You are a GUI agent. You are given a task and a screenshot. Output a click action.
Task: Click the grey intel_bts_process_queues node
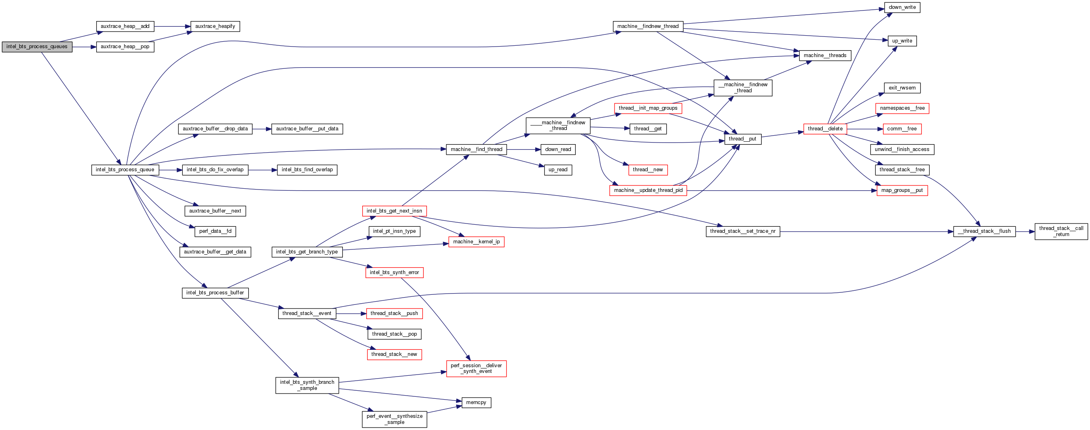pyautogui.click(x=37, y=47)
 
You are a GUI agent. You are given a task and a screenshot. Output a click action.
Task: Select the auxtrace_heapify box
pyautogui.click(x=215, y=26)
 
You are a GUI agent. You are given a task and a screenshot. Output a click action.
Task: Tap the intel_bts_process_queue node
pyautogui.click(x=125, y=170)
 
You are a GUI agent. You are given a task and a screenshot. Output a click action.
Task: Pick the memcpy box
pyautogui.click(x=476, y=402)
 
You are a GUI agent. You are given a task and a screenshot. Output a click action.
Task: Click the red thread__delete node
pyautogui.click(x=825, y=129)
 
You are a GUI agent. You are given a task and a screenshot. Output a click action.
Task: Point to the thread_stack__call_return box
pyautogui.click(x=1061, y=231)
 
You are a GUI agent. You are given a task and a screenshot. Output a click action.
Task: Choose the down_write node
pyautogui.click(x=902, y=7)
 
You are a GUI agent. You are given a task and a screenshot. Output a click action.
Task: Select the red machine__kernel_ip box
pyautogui.click(x=476, y=242)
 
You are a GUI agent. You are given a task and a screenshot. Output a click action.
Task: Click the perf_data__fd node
pyautogui.click(x=215, y=231)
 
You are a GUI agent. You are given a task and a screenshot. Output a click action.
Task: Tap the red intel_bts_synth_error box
pyautogui.click(x=394, y=272)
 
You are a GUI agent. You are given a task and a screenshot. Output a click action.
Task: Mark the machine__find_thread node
pyautogui.click(x=476, y=149)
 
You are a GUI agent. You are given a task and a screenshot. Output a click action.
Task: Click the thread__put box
pyautogui.click(x=742, y=139)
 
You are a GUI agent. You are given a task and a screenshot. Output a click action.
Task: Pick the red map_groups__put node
pyautogui.click(x=902, y=191)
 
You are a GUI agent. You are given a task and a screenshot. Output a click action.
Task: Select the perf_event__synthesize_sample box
pyautogui.click(x=394, y=419)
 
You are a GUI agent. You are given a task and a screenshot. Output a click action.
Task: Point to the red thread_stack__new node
pyautogui.click(x=394, y=354)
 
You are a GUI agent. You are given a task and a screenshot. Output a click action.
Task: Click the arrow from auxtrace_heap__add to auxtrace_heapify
pyautogui.click(x=172, y=26)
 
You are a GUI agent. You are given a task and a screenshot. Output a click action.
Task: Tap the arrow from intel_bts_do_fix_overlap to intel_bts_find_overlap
pyautogui.click(x=262, y=170)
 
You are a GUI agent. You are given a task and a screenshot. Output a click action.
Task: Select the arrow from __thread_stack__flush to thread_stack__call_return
pyautogui.click(x=1025, y=232)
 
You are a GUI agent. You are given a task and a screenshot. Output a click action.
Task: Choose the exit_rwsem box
pyautogui.click(x=902, y=88)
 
